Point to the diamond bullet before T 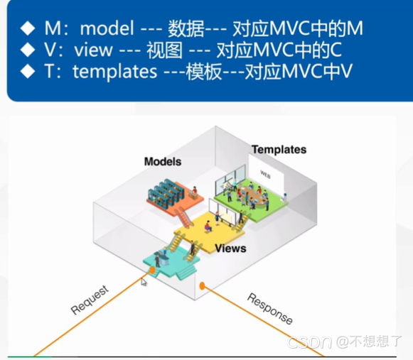tap(27, 72)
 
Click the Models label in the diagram tap(163, 162)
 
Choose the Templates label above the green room tap(278, 149)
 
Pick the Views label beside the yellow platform tap(230, 248)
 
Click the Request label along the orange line tap(90, 300)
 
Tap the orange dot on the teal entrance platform tap(151, 271)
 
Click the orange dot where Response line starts tap(202, 286)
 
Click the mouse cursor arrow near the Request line tap(144, 283)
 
